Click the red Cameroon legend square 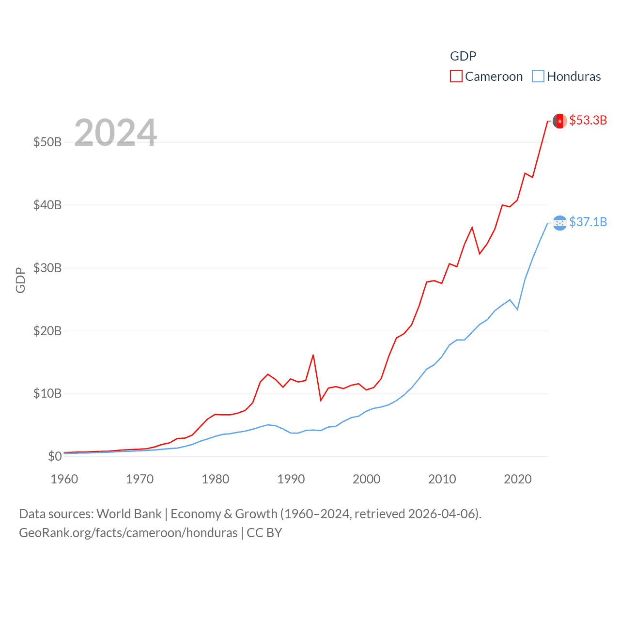[x=456, y=77]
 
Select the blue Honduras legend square [x=538, y=77]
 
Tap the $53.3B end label [x=588, y=120]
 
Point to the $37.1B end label [x=588, y=222]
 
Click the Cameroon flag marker [x=560, y=121]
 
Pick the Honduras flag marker [x=560, y=223]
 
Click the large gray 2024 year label [x=116, y=133]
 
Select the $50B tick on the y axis [x=47, y=142]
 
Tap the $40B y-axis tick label [x=47, y=205]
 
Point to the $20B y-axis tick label [x=47, y=331]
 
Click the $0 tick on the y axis [x=55, y=456]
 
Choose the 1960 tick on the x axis [x=64, y=479]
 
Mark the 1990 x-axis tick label [x=291, y=479]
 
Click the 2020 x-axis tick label [x=518, y=479]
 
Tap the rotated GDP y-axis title [x=20, y=280]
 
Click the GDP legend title [x=463, y=56]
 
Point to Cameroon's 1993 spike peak [x=313, y=355]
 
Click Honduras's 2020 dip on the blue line [x=517, y=309]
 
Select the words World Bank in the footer [x=129, y=513]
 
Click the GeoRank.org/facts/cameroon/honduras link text [x=128, y=533]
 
